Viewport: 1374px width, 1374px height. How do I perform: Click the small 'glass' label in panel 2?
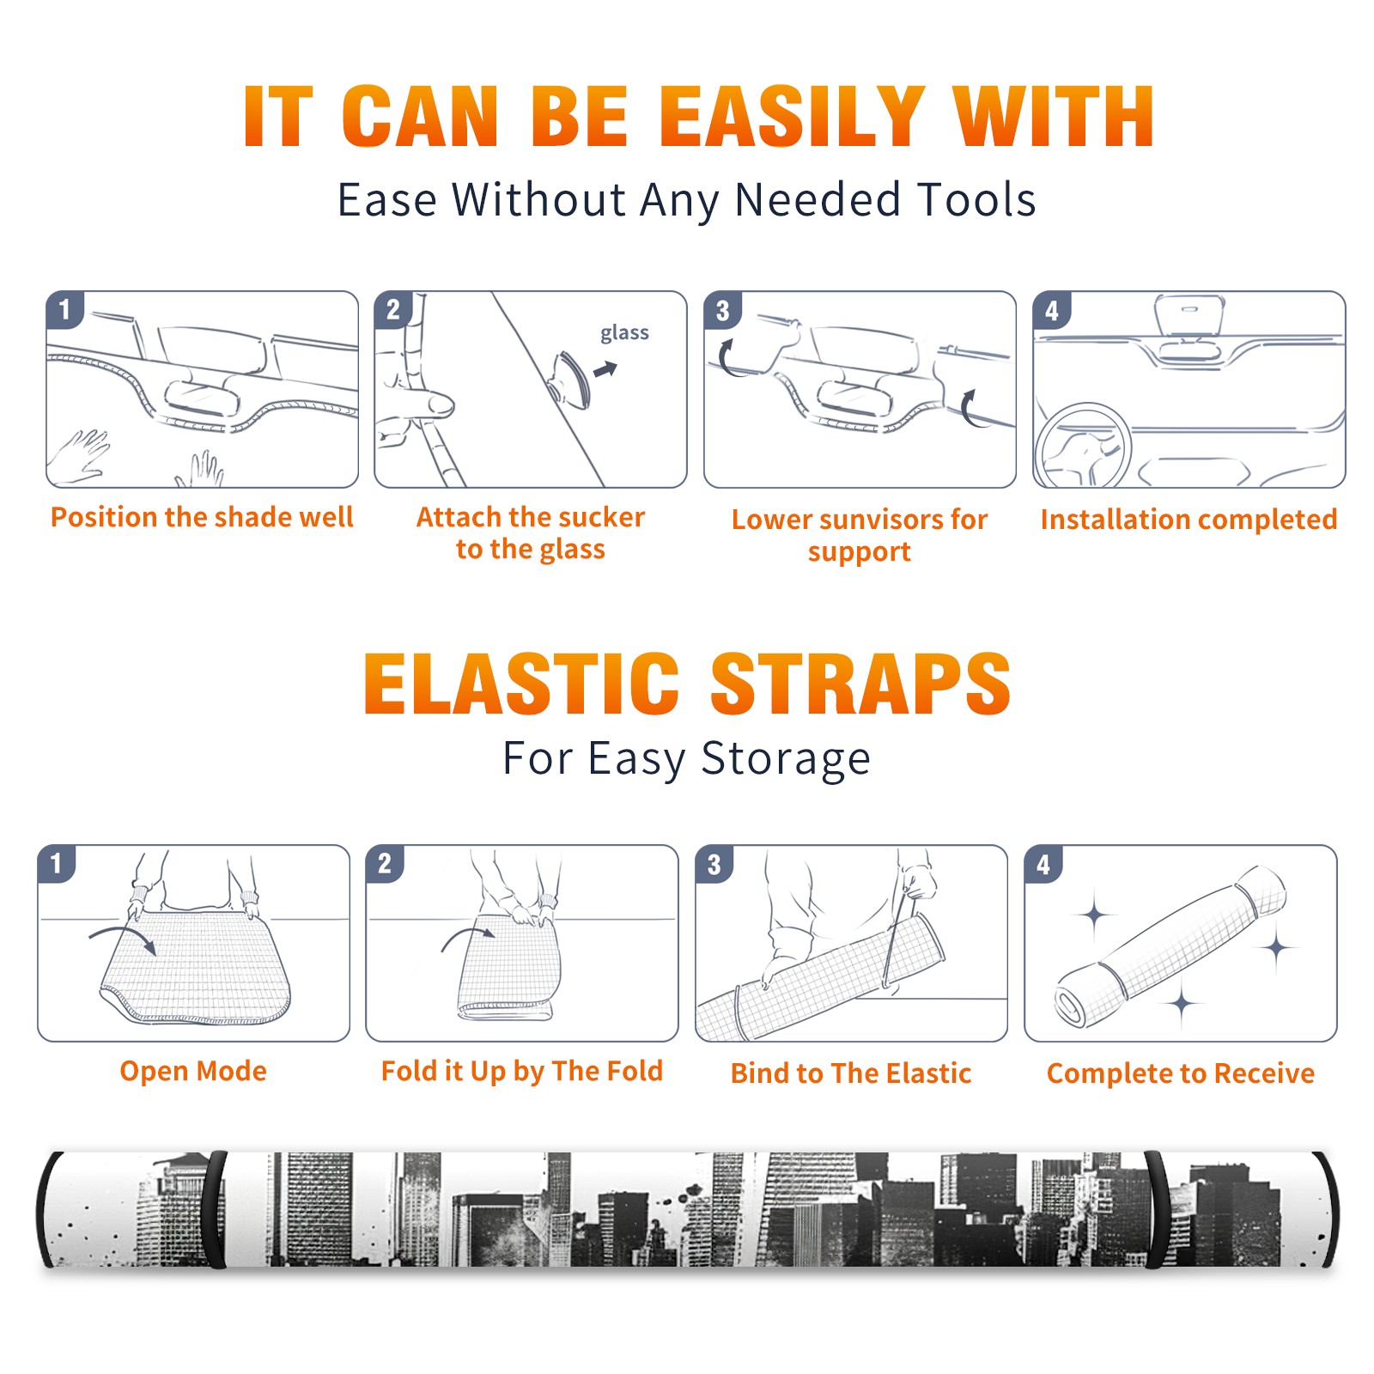point(624,333)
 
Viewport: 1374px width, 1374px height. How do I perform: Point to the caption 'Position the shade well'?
point(202,517)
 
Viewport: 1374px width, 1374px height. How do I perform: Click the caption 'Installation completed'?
point(1189,519)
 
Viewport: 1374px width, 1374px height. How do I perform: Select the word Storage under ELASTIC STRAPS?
point(786,759)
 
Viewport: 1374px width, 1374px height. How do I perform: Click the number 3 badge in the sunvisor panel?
point(722,310)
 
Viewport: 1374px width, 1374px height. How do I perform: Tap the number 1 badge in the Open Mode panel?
point(57,863)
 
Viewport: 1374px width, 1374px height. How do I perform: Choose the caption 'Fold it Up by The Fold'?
point(522,1071)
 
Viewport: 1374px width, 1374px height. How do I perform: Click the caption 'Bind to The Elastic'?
point(851,1073)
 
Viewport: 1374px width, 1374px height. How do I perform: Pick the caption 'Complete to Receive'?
point(1181,1073)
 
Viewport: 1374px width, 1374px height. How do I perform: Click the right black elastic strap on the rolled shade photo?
point(1157,1210)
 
